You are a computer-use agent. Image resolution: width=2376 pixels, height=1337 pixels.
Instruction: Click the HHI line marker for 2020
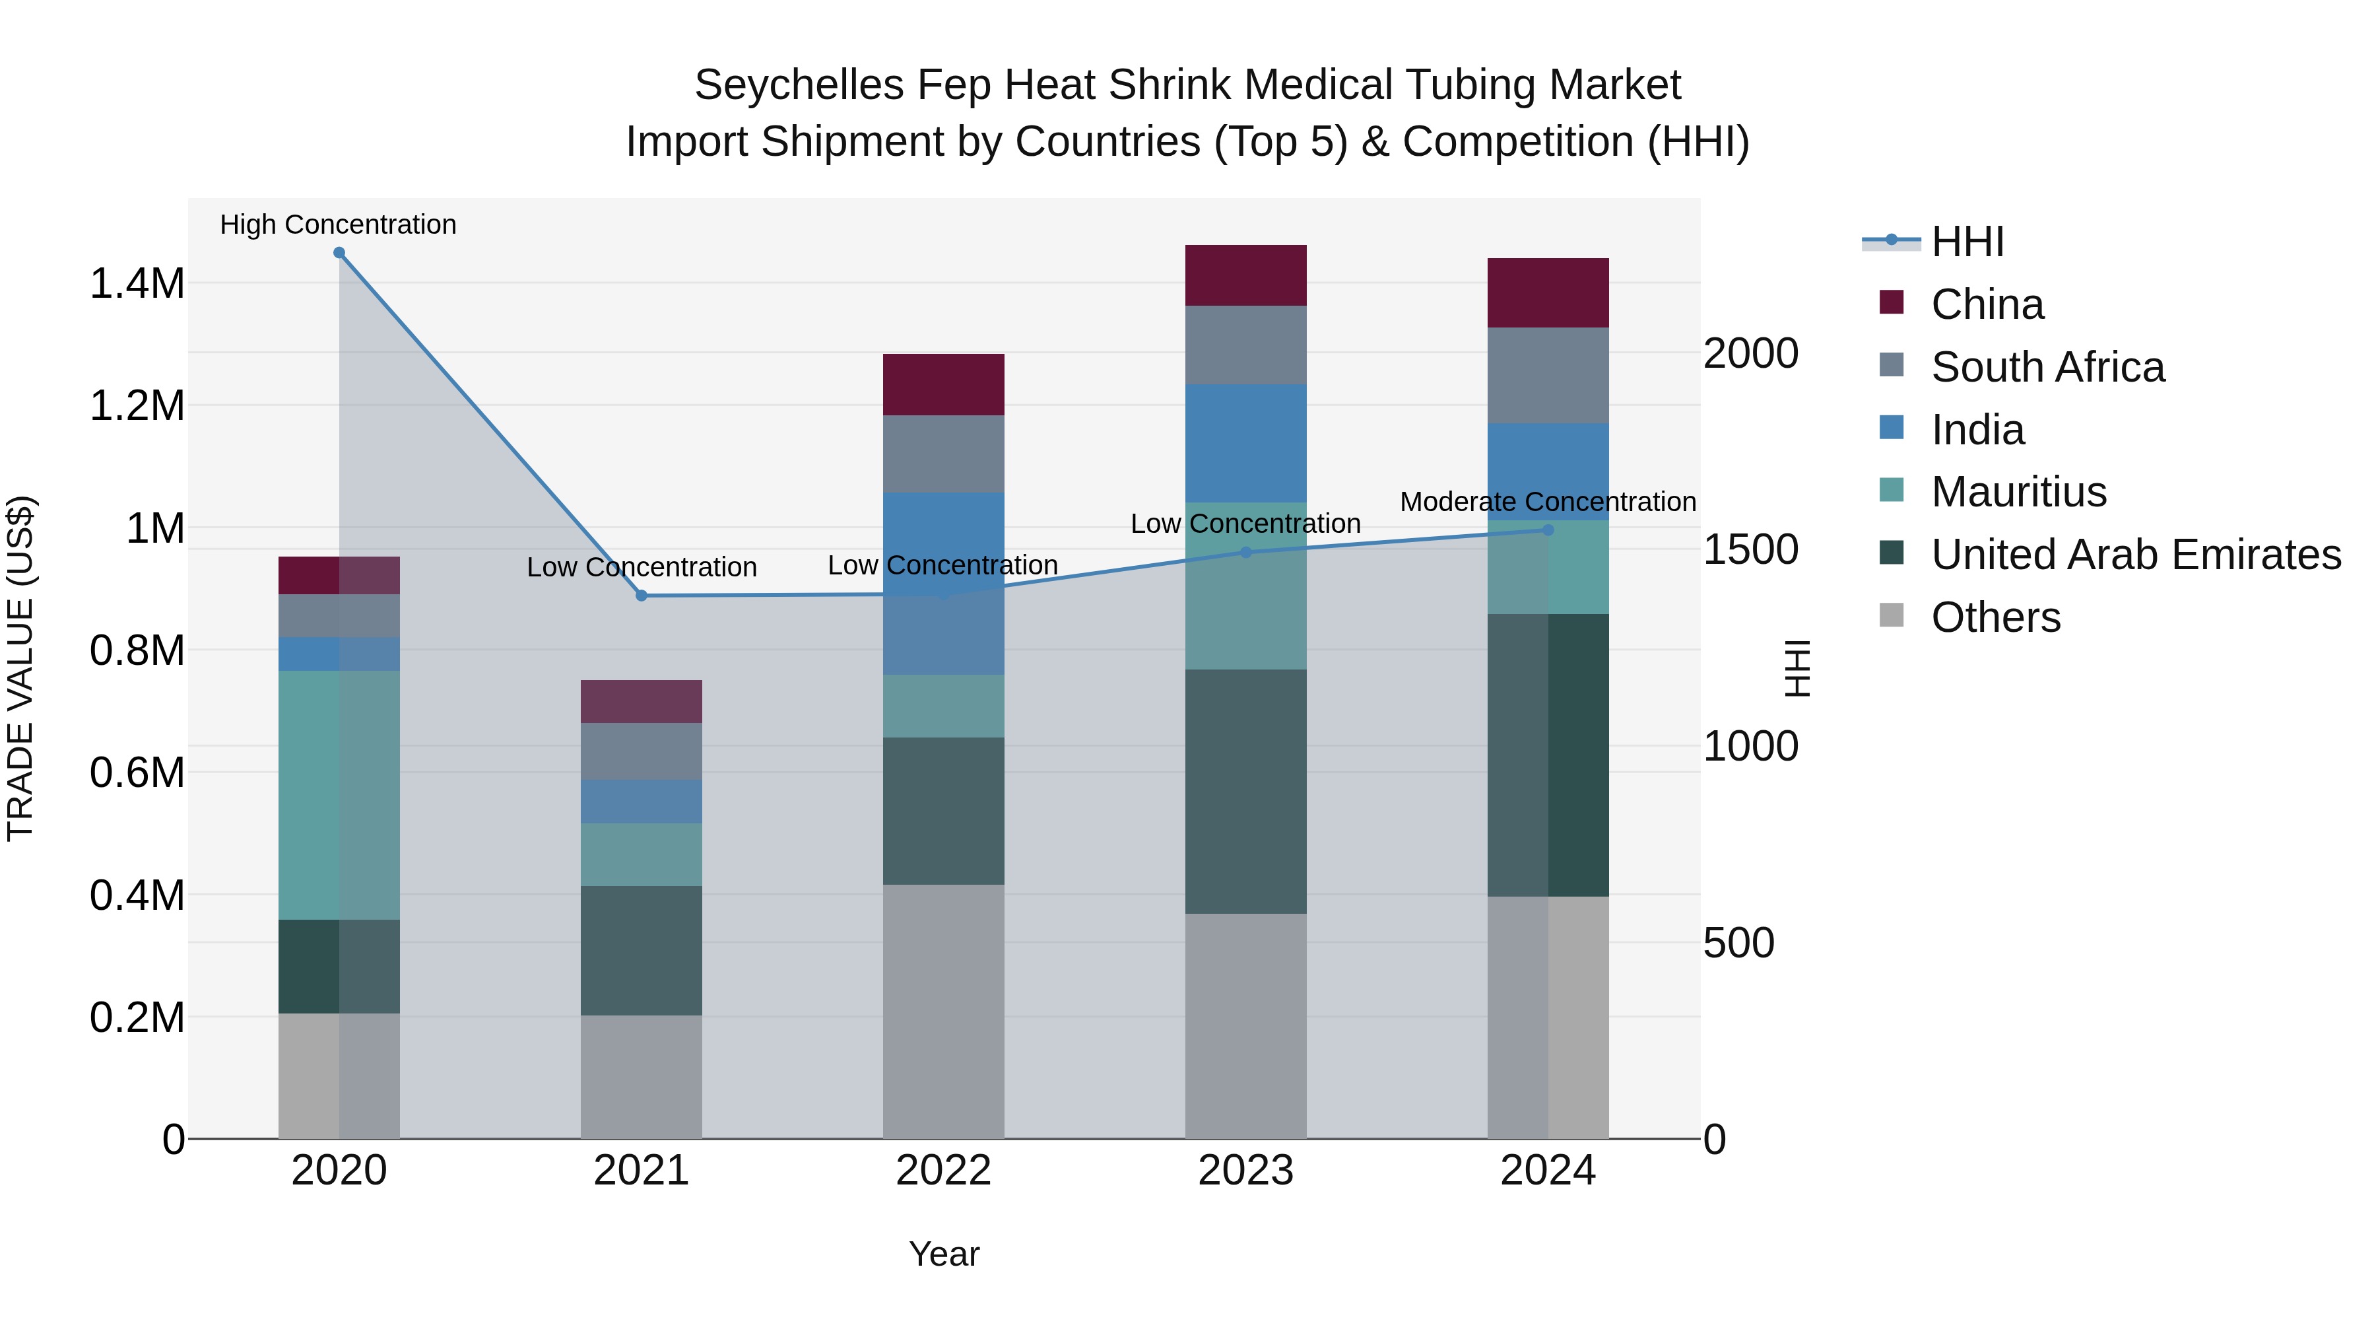pos(339,253)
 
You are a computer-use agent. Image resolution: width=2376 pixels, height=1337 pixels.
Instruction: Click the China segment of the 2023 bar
pos(1245,275)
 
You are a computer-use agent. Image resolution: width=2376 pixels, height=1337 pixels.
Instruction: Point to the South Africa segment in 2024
pos(1548,376)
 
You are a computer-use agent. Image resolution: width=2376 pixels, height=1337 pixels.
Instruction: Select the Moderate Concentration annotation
pos(1548,502)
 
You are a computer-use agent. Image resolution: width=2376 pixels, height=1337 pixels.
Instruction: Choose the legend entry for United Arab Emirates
pos(2134,555)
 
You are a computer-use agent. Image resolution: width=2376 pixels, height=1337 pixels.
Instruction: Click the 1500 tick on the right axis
pos(1750,550)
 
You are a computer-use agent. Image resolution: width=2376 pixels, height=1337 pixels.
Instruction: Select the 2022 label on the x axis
pos(942,1171)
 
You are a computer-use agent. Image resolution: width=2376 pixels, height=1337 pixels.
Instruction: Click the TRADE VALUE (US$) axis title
pos(21,668)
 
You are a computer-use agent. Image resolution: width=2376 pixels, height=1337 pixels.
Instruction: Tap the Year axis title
pos(944,1254)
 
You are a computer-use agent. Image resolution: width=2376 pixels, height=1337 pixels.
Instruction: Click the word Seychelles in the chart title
pos(798,85)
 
